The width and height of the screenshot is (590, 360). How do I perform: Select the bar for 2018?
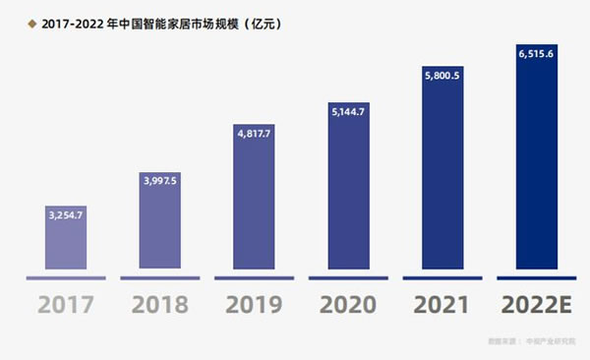pyautogui.click(x=161, y=226)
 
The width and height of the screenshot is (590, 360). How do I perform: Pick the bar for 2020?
pyautogui.click(x=349, y=193)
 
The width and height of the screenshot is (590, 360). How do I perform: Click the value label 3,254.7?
pyautogui.click(x=66, y=212)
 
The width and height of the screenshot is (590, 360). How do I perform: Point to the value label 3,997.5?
pyautogui.click(x=161, y=180)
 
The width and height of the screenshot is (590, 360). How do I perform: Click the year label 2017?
pyautogui.click(x=66, y=306)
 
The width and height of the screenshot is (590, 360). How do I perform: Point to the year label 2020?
pyautogui.click(x=349, y=306)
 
